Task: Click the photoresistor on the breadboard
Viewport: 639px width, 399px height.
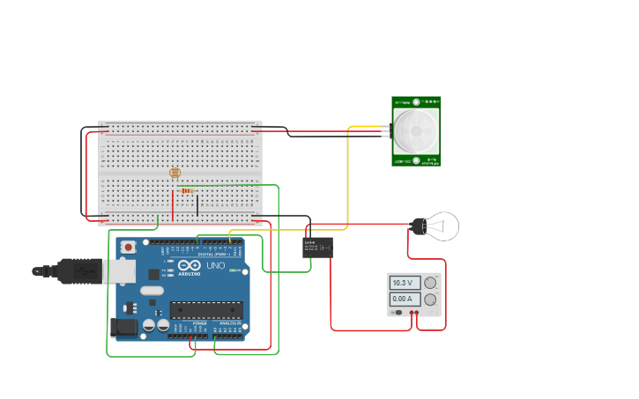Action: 175,173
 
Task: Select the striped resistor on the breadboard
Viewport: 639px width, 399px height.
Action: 186,190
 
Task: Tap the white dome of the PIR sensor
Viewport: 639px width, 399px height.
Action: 414,129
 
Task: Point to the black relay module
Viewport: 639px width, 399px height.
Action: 317,248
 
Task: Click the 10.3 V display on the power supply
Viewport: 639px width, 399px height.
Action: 404,283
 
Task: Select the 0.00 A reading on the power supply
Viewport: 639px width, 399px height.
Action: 404,299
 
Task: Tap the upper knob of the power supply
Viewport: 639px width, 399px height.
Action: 430,283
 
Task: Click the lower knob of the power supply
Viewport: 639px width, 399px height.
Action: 430,299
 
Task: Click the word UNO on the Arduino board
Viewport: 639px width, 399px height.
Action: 215,266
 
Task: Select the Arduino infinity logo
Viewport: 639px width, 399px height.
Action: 189,266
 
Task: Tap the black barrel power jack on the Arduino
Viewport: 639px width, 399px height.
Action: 124,328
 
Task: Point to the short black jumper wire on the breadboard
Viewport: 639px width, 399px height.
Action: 197,204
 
